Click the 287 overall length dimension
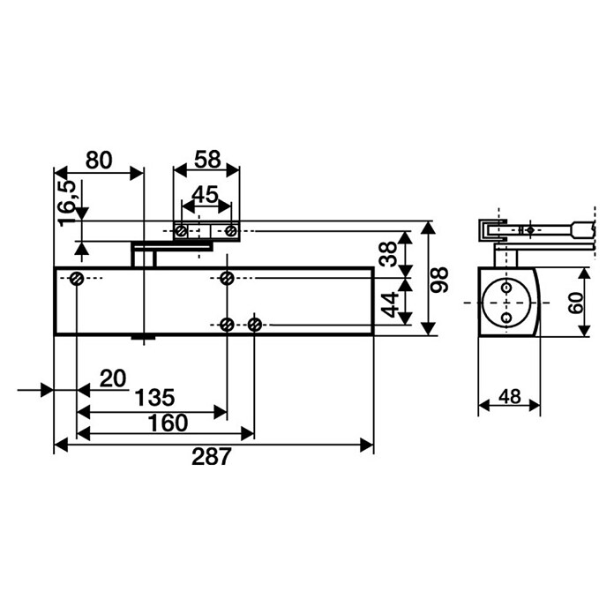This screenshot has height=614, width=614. [x=211, y=457]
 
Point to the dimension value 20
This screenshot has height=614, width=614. [x=113, y=378]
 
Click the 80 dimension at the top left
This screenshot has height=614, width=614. [x=98, y=160]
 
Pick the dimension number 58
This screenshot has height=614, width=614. [x=206, y=160]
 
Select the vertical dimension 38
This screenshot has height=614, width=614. [x=388, y=254]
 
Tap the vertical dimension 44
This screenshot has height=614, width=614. [x=388, y=305]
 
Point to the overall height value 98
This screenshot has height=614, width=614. [x=440, y=280]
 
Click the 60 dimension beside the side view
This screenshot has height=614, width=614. [x=574, y=303]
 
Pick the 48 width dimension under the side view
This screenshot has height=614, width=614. [x=509, y=397]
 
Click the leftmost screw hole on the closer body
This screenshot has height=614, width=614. [x=77, y=279]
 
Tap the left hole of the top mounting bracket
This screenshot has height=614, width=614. [x=180, y=231]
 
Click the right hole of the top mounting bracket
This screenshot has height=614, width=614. [x=230, y=231]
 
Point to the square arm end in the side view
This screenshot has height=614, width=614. [x=580, y=229]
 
